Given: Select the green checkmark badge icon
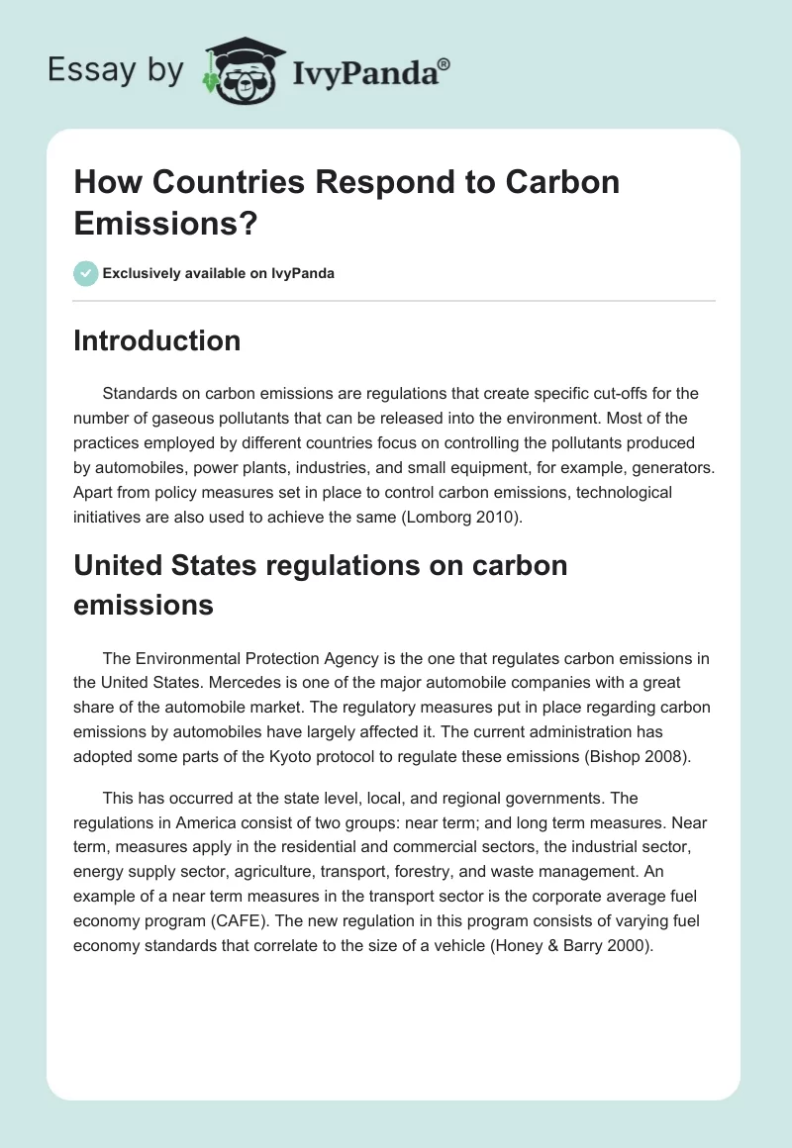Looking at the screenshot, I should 85,273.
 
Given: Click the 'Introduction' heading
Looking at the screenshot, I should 157,340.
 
